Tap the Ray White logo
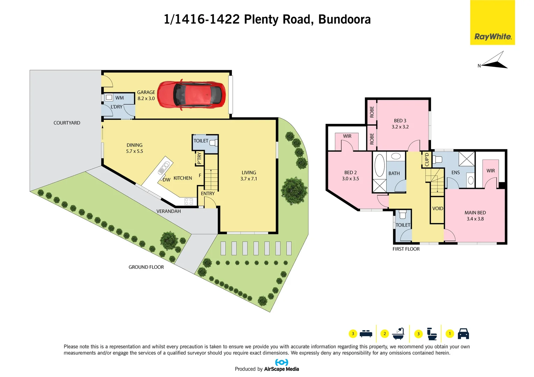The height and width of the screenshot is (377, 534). click(x=492, y=37)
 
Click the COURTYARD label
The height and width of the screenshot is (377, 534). click(x=67, y=123)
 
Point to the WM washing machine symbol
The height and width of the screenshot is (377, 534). click(x=109, y=98)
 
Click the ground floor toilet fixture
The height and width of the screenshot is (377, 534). click(x=213, y=142)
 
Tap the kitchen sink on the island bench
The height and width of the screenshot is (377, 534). click(x=163, y=168)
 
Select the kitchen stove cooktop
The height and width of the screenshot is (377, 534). click(x=189, y=201)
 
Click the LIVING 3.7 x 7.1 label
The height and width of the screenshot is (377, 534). click(x=249, y=176)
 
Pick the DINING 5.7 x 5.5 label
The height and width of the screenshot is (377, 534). click(x=134, y=148)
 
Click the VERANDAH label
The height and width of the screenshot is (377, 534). click(x=168, y=211)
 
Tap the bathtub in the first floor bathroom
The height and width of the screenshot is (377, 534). click(x=379, y=165)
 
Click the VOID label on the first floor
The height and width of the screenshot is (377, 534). click(x=438, y=208)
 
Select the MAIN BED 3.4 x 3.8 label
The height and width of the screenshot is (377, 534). click(x=475, y=216)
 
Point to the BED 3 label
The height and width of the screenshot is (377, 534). click(x=400, y=124)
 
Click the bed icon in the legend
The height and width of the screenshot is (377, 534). click(x=366, y=334)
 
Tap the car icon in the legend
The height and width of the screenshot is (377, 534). click(x=463, y=334)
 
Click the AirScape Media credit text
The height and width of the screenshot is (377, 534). click(x=281, y=369)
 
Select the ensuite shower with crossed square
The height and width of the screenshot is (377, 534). click(x=466, y=159)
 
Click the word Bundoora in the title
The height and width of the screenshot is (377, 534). click(x=344, y=20)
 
